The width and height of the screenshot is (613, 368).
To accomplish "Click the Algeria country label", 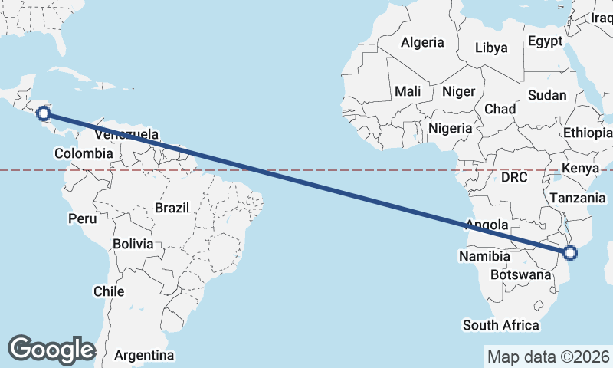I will pyautogui.click(x=422, y=42).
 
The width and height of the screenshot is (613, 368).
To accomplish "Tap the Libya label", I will pyautogui.click(x=491, y=48).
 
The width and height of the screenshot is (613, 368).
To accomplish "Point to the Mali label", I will pyautogui.click(x=408, y=91).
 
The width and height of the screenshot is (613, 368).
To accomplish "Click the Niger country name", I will pyautogui.click(x=459, y=91).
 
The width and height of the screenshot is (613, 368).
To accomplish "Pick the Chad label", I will pyautogui.click(x=500, y=109).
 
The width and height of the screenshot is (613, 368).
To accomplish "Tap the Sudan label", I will pyautogui.click(x=547, y=96).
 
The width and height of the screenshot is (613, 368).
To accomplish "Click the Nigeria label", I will pyautogui.click(x=450, y=128).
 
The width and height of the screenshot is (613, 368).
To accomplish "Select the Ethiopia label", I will pyautogui.click(x=588, y=133).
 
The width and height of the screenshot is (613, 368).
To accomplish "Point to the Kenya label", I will pyautogui.click(x=580, y=168).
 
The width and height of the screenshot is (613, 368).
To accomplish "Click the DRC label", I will pyautogui.click(x=515, y=177).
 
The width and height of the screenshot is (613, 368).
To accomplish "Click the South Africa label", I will pyautogui.click(x=500, y=325).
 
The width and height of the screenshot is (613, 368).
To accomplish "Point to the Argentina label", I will pyautogui.click(x=144, y=355).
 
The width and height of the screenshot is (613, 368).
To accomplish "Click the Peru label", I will pyautogui.click(x=83, y=219).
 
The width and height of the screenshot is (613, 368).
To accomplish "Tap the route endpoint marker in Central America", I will pyautogui.click(x=44, y=113).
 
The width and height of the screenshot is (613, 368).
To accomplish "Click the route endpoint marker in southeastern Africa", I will pyautogui.click(x=569, y=253).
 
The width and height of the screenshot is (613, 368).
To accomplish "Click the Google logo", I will pyautogui.click(x=51, y=350).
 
